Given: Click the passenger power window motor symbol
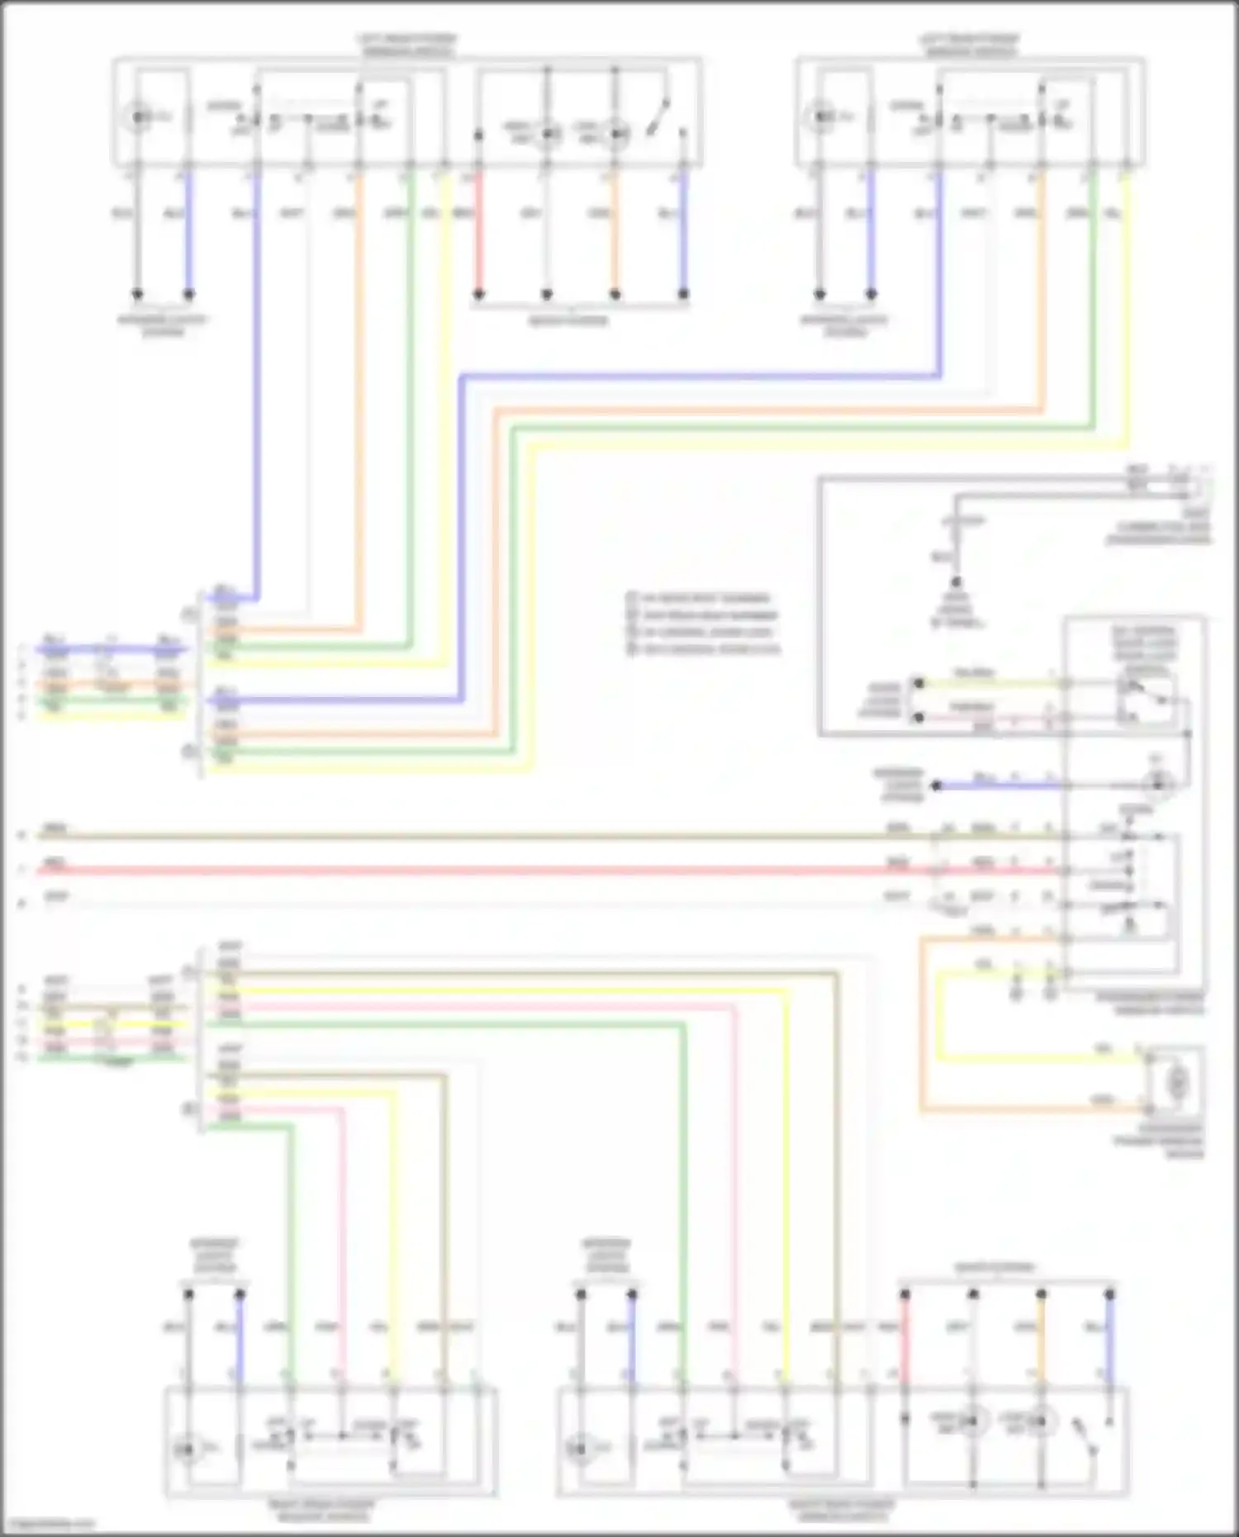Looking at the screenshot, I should [x=1177, y=1081].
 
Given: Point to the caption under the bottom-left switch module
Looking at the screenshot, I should [x=321, y=1511].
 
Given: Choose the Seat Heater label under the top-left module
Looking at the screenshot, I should [x=568, y=320].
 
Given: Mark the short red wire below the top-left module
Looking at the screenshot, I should [x=478, y=240].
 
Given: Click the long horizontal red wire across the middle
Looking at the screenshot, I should [x=496, y=870].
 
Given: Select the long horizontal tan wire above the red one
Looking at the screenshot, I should [x=496, y=836].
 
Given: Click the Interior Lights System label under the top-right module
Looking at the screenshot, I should [x=844, y=325].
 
